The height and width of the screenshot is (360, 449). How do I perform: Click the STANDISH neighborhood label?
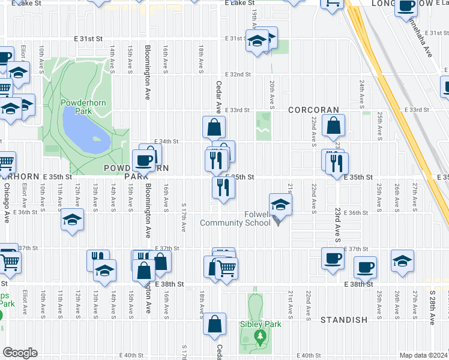pos(344,320)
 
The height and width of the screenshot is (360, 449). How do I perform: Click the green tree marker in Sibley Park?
pos(260,335)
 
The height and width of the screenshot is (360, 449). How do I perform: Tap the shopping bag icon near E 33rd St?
pos(214,127)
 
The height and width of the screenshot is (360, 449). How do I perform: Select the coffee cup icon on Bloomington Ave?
pos(144,160)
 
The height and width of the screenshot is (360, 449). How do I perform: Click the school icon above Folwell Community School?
pos(280,205)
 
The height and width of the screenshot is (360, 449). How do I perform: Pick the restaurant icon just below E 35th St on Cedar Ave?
pos(222,188)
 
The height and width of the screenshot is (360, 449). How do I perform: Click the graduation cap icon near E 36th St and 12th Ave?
pos(72,220)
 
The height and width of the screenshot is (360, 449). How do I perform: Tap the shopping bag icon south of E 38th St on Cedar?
pos(214,324)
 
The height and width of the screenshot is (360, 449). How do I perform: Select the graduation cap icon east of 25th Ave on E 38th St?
pos(402,260)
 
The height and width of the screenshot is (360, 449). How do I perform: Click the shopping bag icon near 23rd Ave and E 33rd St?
pos(333,125)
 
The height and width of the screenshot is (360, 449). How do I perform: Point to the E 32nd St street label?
pos(238,74)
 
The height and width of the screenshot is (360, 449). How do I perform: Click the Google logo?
pos(20,353)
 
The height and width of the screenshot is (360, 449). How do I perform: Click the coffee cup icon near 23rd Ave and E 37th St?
pos(333,259)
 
